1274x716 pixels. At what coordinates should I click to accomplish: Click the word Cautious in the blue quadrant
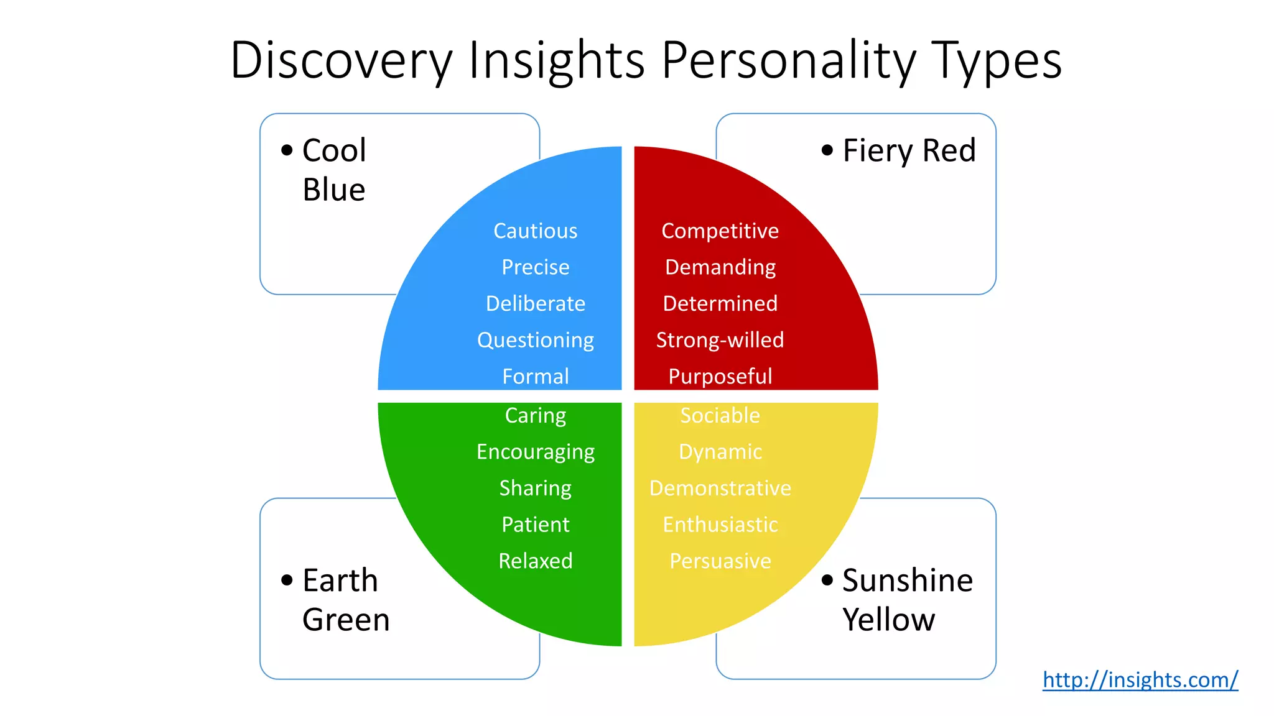535,231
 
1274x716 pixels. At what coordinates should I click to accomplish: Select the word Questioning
535,341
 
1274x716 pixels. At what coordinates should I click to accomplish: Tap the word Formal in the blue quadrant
535,377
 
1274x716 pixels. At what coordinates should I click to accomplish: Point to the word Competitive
720,231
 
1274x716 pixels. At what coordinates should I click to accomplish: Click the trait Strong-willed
720,340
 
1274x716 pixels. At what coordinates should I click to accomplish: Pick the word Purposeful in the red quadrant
720,377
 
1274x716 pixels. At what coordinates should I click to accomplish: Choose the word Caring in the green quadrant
535,415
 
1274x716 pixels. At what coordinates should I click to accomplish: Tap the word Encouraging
535,452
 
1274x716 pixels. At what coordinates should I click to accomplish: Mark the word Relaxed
535,561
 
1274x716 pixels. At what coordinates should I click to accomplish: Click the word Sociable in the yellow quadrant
720,415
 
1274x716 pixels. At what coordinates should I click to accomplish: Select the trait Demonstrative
720,489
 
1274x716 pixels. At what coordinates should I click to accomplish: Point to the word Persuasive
720,561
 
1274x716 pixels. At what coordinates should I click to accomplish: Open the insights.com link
1140,680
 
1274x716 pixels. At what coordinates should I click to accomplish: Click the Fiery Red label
909,151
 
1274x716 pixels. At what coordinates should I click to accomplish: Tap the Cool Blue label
334,170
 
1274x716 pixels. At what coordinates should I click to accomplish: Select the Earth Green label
345,600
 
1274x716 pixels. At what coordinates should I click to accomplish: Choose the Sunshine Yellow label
907,600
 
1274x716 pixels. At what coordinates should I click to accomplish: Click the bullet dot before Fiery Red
827,150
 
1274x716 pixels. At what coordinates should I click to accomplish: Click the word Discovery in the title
342,61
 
